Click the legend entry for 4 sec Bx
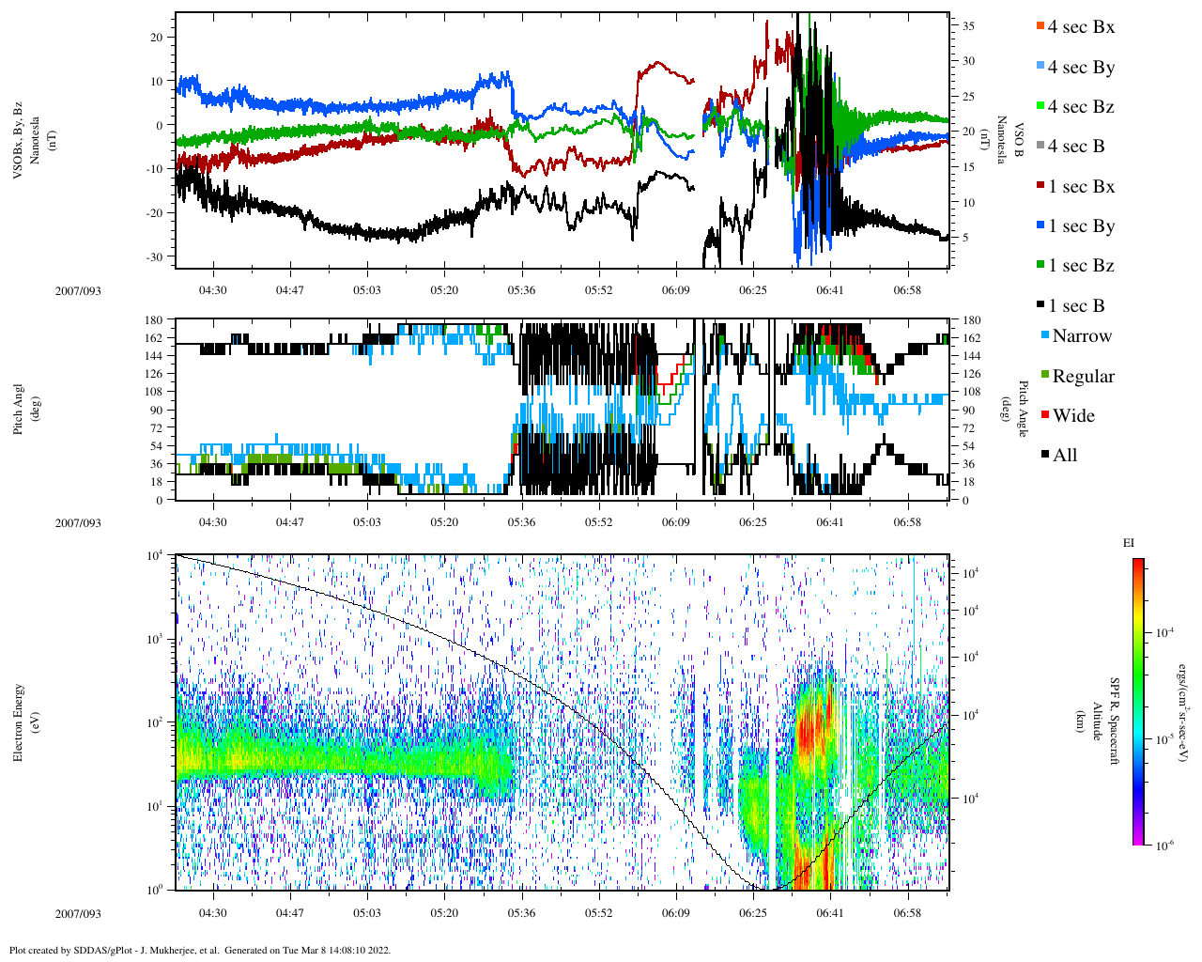point(1080,27)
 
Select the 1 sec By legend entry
point(1080,226)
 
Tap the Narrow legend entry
point(1081,336)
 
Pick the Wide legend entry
point(1072,416)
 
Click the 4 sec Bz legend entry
point(1080,107)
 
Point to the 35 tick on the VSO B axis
point(967,26)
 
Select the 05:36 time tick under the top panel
point(521,290)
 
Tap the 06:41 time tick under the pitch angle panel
point(829,522)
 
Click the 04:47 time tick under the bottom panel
point(289,913)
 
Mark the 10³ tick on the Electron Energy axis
point(155,639)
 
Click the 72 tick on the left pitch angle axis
point(156,428)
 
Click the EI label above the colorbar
point(1129,543)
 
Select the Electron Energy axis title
point(19,721)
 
